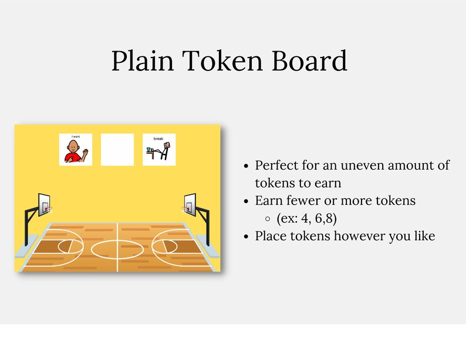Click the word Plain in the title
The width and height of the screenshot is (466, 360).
(x=143, y=61)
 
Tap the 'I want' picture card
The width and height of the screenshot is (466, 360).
(x=76, y=149)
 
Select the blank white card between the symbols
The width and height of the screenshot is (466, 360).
(x=117, y=149)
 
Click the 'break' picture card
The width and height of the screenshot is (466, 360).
(x=159, y=149)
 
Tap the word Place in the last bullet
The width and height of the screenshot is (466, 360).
(x=271, y=236)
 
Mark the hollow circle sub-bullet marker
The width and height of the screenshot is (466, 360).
(x=268, y=218)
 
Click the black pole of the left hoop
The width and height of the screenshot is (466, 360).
(x=26, y=229)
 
